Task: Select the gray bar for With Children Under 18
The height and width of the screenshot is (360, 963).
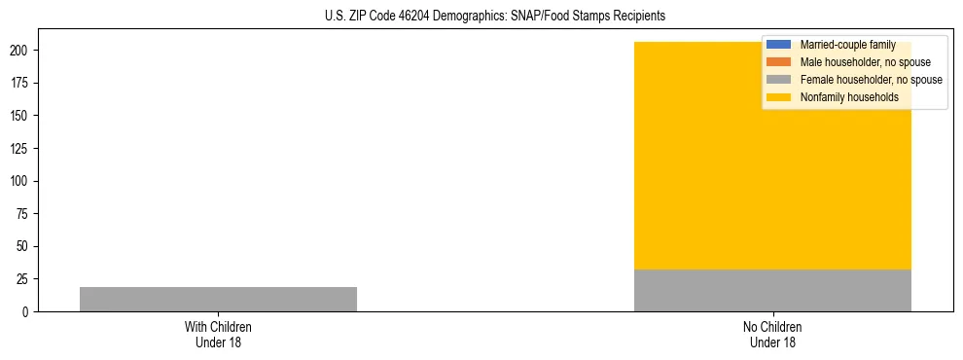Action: tap(218, 299)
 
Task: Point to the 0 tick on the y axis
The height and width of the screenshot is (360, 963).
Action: tap(30, 312)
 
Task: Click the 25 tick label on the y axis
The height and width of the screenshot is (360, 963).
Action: tap(27, 279)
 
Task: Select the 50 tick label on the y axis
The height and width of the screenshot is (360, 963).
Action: tap(27, 247)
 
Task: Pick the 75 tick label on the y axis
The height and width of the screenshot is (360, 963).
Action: tap(27, 214)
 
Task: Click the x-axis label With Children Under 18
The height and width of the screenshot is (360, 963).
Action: tap(218, 334)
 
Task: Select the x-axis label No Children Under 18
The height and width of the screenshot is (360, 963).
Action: tap(772, 334)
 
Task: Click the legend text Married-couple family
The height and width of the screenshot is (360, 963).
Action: tap(846, 45)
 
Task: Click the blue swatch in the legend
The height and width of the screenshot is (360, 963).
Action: tap(779, 45)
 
